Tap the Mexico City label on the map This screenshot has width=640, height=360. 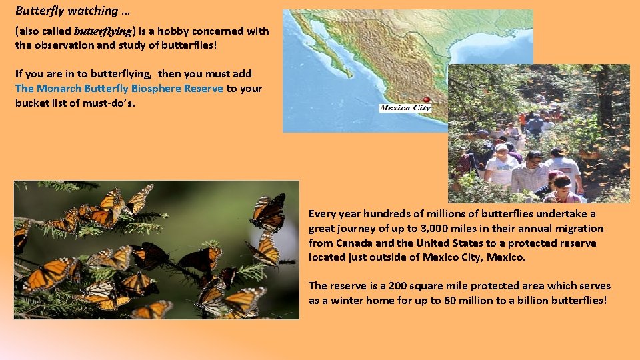pos(405,108)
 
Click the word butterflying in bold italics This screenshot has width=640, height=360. pos(103,31)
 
